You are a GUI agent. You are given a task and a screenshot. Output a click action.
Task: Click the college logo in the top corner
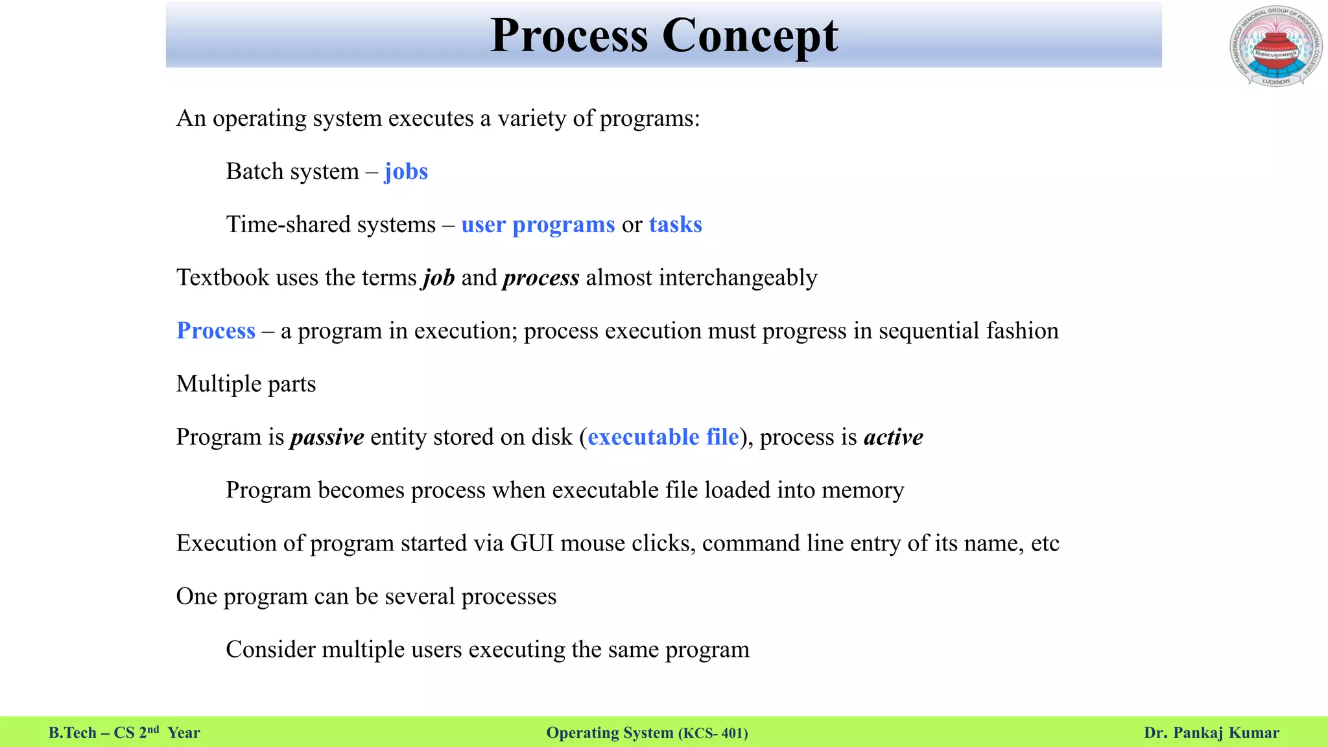[x=1275, y=47]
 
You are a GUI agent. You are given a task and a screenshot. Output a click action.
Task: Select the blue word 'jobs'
[x=406, y=172]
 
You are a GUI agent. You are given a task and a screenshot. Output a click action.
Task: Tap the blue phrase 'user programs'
[x=538, y=225]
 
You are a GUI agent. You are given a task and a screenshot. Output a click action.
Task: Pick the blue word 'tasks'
[x=675, y=225]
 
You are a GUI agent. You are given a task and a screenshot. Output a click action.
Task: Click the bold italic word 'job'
[x=439, y=278]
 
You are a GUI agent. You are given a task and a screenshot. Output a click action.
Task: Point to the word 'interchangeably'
[x=738, y=278]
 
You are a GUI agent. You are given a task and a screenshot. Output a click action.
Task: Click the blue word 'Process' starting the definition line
[x=216, y=331]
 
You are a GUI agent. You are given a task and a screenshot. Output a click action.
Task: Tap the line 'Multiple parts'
[x=246, y=385]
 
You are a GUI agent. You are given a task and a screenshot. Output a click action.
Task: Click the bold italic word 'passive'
[x=327, y=438]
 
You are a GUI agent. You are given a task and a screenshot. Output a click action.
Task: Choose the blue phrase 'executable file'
[x=663, y=438]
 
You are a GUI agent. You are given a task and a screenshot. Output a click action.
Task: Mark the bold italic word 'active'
[x=893, y=438]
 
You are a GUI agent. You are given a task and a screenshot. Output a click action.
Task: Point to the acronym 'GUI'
[x=532, y=543]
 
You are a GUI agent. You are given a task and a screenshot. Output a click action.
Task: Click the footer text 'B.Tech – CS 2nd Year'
[x=124, y=733]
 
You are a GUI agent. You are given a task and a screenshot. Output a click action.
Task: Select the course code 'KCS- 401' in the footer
[x=714, y=733]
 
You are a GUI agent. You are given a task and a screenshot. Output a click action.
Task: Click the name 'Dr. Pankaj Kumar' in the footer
[x=1211, y=733]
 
